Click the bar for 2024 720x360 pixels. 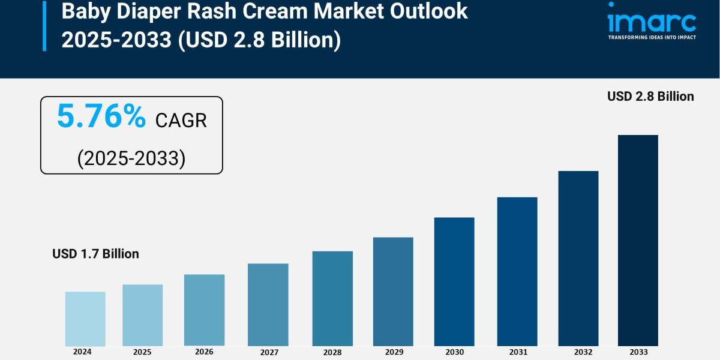(85, 319)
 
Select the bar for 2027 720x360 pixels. (268, 305)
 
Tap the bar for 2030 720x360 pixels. (454, 281)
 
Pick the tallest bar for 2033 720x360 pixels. (638, 240)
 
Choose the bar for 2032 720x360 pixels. (578, 258)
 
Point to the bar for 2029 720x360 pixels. (393, 292)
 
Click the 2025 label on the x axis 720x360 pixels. (142, 352)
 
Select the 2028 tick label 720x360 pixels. (332, 353)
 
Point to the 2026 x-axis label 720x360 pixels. (204, 352)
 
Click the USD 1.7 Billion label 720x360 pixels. (95, 254)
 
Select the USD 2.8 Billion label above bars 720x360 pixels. (650, 96)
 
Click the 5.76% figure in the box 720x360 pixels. (101, 116)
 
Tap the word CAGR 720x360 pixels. (181, 120)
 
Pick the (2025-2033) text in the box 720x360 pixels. (131, 158)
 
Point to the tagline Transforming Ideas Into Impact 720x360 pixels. (652, 37)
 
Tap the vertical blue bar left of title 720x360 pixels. (44, 25)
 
